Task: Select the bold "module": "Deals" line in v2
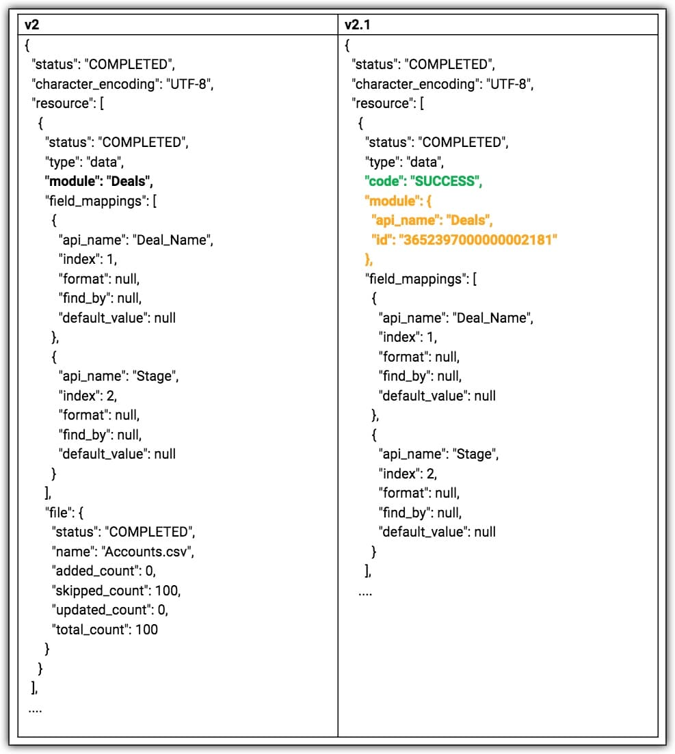(x=99, y=181)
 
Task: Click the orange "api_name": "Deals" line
(x=432, y=220)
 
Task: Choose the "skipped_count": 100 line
(x=116, y=590)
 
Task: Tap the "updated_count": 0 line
(x=109, y=610)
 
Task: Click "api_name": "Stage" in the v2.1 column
(x=438, y=454)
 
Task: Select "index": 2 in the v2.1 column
(x=408, y=473)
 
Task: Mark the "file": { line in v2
(x=64, y=512)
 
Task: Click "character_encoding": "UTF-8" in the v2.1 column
(x=442, y=84)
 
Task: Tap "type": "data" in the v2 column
(x=84, y=162)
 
